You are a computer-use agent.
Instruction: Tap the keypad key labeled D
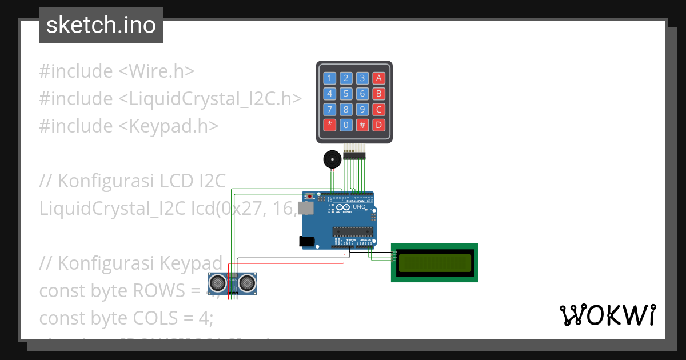click(x=378, y=125)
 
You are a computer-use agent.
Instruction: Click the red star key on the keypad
click(x=330, y=125)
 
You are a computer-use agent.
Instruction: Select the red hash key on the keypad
click(x=362, y=125)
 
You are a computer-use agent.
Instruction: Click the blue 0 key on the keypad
click(x=346, y=125)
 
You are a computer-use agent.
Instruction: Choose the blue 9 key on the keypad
click(x=362, y=109)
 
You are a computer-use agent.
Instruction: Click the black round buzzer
click(x=331, y=159)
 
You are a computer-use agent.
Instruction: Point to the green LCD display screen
click(x=434, y=262)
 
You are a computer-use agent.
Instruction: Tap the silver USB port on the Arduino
click(x=306, y=209)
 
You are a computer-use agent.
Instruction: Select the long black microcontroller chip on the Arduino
click(x=353, y=231)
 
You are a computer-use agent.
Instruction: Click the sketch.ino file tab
click(x=101, y=25)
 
